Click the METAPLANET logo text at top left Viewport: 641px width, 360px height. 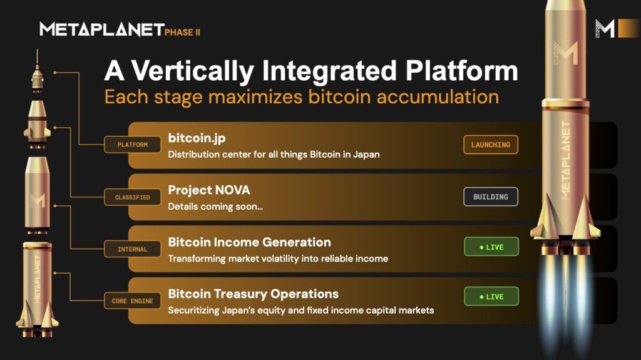pos(101,29)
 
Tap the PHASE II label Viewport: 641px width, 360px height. pos(182,32)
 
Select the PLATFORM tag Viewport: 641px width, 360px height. pos(133,145)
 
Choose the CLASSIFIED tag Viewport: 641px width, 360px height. pos(132,197)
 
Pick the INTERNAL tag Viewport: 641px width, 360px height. pos(132,249)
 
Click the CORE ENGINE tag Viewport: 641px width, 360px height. pos(132,301)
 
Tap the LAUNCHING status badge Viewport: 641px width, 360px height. pos(491,145)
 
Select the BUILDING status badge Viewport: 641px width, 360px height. pos(491,197)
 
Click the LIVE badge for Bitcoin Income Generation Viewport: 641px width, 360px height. pos(491,247)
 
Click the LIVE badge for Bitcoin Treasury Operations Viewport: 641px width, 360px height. pos(491,296)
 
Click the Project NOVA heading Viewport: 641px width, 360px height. pos(209,190)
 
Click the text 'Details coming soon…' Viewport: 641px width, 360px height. pos(215,207)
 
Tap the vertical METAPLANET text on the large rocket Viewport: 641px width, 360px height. pos(565,160)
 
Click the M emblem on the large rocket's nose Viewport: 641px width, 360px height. pos(565,53)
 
